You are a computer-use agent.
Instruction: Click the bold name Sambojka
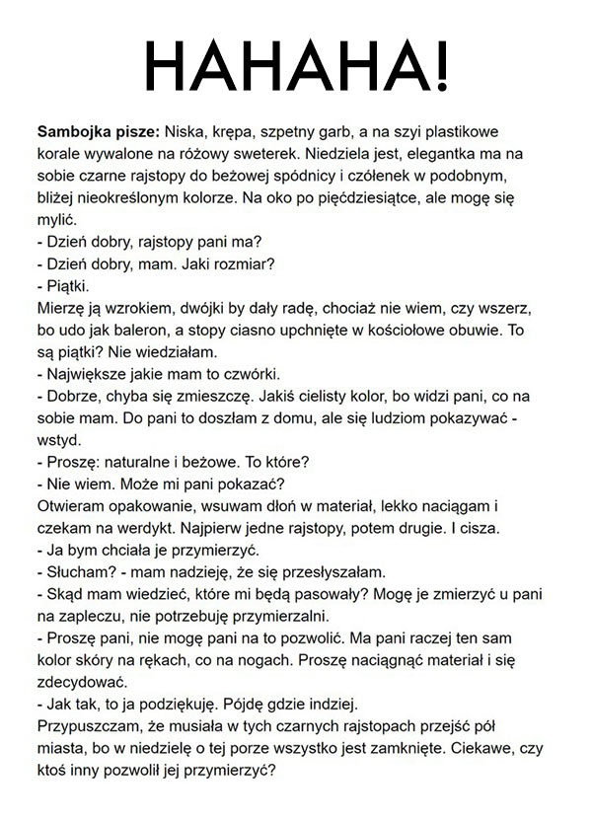[x=73, y=131]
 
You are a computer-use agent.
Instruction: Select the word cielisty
[x=339, y=397]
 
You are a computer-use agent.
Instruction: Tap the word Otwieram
[x=72, y=507]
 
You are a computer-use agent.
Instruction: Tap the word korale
[x=60, y=154]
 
